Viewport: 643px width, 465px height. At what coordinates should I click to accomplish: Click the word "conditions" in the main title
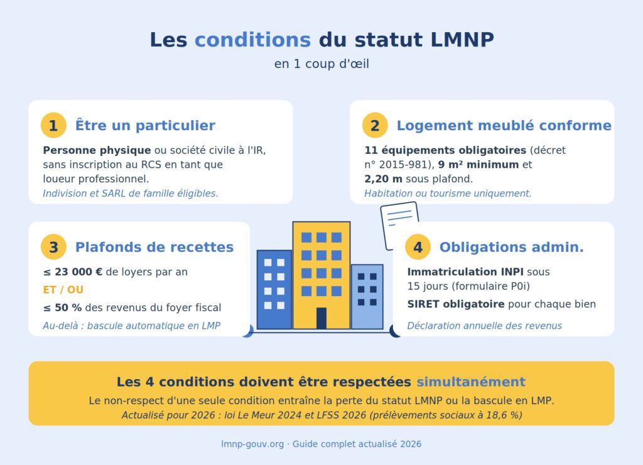pyautogui.click(x=252, y=40)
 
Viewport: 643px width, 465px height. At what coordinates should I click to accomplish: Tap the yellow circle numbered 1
pyautogui.click(x=53, y=126)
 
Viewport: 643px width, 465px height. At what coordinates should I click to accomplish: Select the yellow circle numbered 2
pyautogui.click(x=375, y=126)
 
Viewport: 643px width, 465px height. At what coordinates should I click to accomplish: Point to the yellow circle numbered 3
pyautogui.click(x=53, y=247)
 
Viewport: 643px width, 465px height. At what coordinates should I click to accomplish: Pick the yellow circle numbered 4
pyautogui.click(x=418, y=247)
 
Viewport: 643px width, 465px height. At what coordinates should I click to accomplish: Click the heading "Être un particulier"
pyautogui.click(x=145, y=126)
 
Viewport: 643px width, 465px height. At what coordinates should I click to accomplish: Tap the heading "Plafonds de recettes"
pyautogui.click(x=154, y=248)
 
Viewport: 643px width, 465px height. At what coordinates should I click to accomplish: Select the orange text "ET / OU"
pyautogui.click(x=63, y=290)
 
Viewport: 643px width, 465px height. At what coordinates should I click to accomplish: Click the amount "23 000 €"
pyautogui.click(x=78, y=272)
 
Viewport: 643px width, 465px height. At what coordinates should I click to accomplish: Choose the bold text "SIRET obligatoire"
pyautogui.click(x=456, y=304)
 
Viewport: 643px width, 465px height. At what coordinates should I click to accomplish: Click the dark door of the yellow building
pyautogui.click(x=321, y=318)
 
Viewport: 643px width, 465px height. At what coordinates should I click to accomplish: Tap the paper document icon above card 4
pyautogui.click(x=399, y=225)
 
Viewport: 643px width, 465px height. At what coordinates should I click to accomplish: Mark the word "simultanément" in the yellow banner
pyautogui.click(x=471, y=382)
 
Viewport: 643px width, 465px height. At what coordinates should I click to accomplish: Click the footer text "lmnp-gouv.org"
pyautogui.click(x=252, y=444)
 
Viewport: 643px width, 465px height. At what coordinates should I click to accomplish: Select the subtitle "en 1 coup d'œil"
pyautogui.click(x=321, y=64)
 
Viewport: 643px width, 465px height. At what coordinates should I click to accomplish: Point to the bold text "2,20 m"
pyautogui.click(x=384, y=178)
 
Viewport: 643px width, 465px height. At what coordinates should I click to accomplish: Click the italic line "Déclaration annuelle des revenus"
pyautogui.click(x=484, y=325)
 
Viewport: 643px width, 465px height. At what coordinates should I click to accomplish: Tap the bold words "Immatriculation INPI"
pyautogui.click(x=465, y=272)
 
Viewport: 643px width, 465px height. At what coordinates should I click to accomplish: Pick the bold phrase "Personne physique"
pyautogui.click(x=97, y=151)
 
